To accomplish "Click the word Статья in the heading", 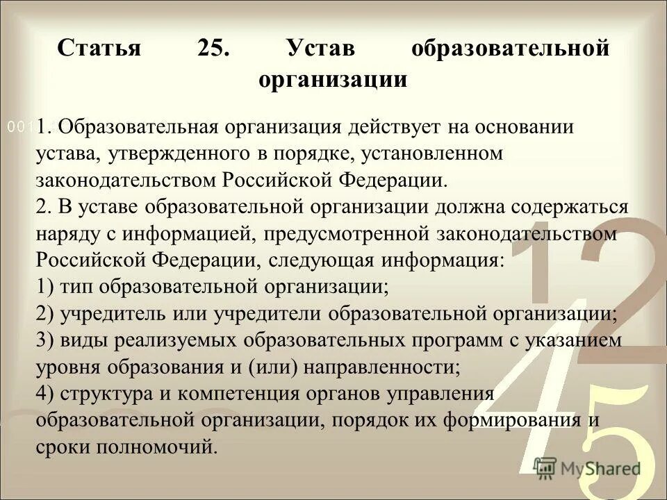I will (x=99, y=49).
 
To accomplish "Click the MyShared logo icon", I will (x=545, y=467).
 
